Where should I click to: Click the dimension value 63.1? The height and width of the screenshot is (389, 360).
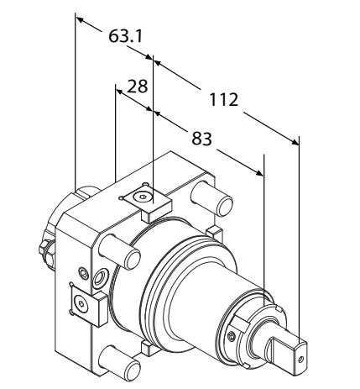125,36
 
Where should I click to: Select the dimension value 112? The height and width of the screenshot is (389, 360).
224,100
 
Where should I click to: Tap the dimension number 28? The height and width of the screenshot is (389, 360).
137,87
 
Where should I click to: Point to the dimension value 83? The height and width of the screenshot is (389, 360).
201,139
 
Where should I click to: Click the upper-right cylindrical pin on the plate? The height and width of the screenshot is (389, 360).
211,198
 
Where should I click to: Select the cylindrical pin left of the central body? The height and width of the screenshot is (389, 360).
120,251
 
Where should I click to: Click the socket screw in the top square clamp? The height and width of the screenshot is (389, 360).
141,197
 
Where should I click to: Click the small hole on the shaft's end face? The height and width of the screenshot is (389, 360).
300,359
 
